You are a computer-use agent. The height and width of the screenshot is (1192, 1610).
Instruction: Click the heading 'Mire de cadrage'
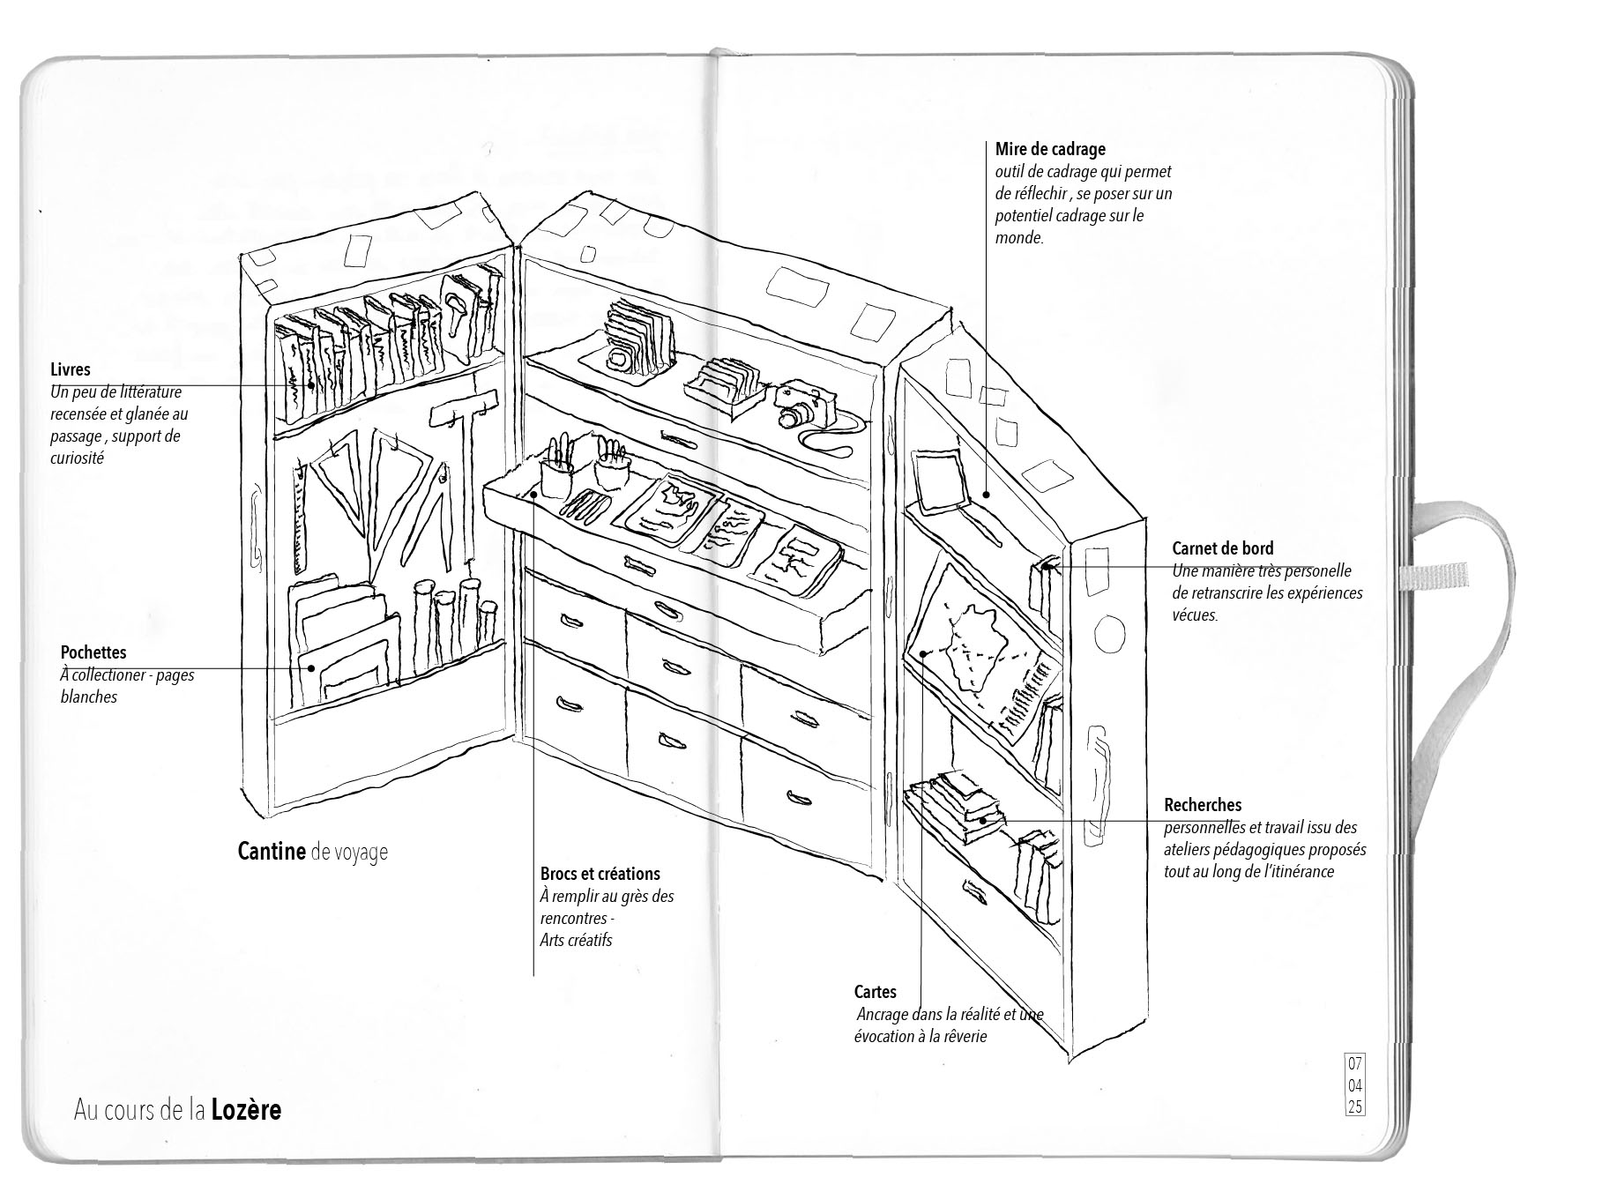coord(1049,149)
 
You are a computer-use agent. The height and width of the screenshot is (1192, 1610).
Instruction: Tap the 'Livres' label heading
coord(70,370)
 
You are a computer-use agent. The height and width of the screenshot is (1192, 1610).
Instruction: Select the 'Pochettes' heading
coord(93,652)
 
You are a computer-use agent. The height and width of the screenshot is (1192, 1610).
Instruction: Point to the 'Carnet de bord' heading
coord(1222,548)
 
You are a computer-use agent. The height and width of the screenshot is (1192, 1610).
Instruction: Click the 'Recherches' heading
coord(1202,805)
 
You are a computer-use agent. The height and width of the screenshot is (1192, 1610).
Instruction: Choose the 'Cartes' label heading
coord(875,992)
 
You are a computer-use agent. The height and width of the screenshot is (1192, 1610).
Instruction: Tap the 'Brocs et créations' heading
coord(600,874)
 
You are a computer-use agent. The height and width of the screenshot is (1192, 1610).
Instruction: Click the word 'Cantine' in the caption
coord(272,852)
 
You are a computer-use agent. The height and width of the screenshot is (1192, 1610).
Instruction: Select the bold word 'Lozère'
coord(246,1109)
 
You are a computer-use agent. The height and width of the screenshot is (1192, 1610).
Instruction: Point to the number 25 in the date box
coord(1354,1106)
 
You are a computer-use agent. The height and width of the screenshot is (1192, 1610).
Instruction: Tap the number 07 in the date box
coord(1354,1063)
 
